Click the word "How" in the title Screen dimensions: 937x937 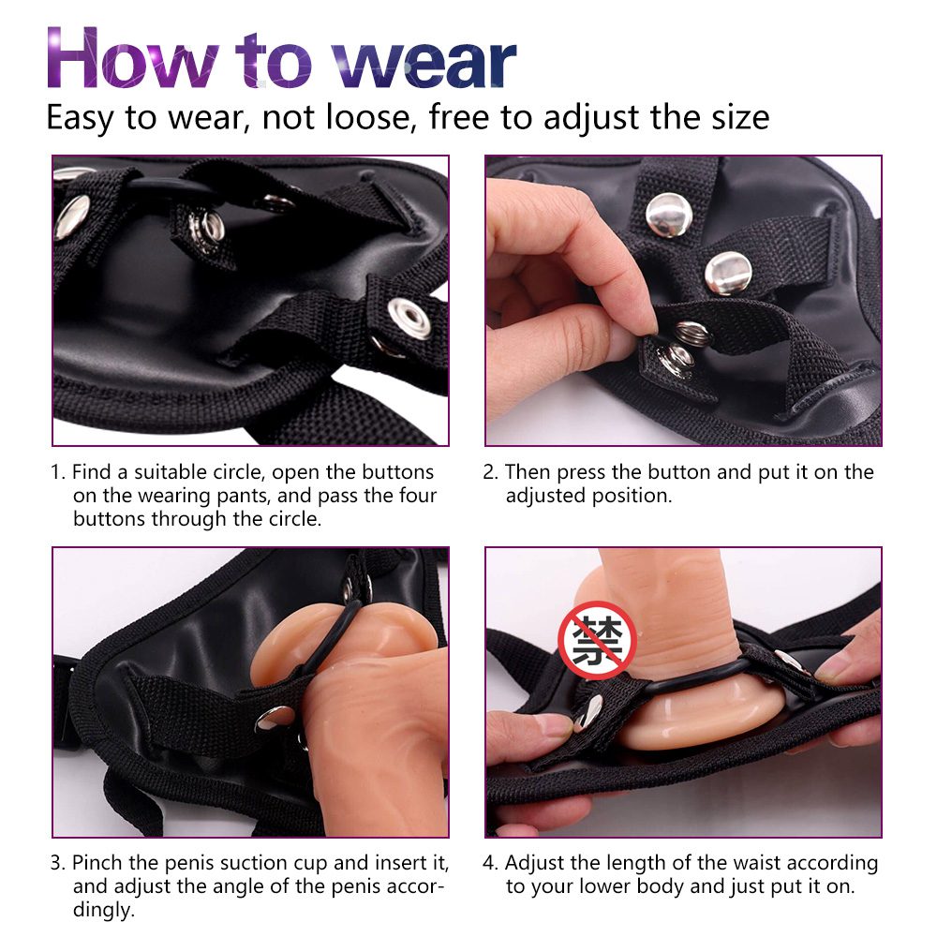tap(133, 58)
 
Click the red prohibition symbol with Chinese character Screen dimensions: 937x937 tap(597, 639)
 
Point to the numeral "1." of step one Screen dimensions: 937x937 tap(57, 472)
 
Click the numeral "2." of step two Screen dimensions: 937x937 tap(491, 472)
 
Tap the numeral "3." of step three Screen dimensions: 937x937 tap(58, 863)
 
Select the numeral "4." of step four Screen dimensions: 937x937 tap(491, 863)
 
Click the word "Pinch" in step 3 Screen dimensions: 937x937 tap(97, 863)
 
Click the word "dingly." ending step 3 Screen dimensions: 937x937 tap(104, 910)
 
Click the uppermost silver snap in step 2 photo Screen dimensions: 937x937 tap(669, 214)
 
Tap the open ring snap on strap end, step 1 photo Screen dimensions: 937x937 tap(409, 318)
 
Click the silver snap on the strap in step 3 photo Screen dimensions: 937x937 tap(275, 718)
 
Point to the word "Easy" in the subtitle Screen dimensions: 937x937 tap(80, 118)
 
